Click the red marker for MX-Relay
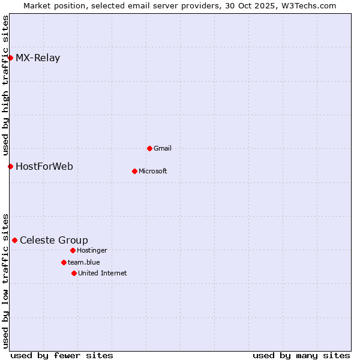(x=10, y=58)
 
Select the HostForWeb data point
(x=10, y=166)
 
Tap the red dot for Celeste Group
(x=14, y=240)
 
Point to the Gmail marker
(x=149, y=148)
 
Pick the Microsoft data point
(x=134, y=171)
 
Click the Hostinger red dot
(x=73, y=250)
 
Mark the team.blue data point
(x=64, y=262)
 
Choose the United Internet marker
(x=74, y=273)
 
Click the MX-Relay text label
(x=38, y=58)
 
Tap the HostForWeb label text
(x=44, y=166)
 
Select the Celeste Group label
(x=54, y=241)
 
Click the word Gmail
(x=163, y=148)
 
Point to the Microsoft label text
(x=153, y=171)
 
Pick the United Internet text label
(x=103, y=273)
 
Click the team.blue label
(x=84, y=262)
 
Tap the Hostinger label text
(x=92, y=250)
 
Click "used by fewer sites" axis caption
(x=62, y=355)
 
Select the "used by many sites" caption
(x=301, y=355)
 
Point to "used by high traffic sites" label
(x=5, y=86)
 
